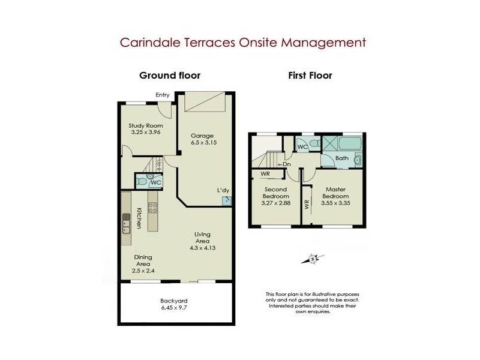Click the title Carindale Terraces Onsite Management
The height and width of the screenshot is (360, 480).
[242, 43]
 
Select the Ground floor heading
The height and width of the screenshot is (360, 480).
[170, 76]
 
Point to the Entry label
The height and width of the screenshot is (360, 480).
[163, 95]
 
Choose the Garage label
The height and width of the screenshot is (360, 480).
[202, 136]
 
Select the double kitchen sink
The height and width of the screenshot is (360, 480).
[127, 223]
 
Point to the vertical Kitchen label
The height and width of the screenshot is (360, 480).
[139, 218]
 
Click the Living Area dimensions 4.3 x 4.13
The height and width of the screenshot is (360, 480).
[202, 247]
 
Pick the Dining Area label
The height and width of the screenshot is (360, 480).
[143, 260]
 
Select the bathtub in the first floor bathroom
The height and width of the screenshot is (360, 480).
[350, 145]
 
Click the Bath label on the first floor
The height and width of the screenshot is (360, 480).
[342, 158]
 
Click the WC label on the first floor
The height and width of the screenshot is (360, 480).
[302, 146]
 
